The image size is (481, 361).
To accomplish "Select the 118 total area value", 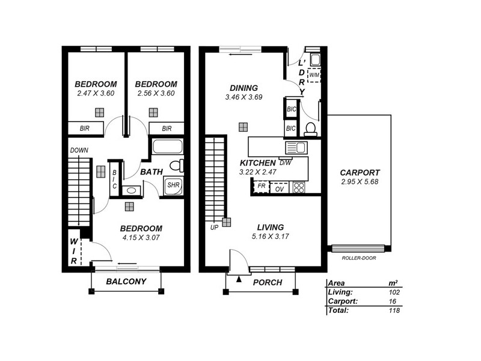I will [x=394, y=311].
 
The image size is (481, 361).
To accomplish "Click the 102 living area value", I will [x=394, y=292].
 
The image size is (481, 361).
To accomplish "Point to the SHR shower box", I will [x=174, y=185].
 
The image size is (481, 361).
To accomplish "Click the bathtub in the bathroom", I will [x=168, y=147].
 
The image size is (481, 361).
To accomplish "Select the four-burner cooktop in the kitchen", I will [x=298, y=188].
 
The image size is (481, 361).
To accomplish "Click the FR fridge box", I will [x=262, y=187].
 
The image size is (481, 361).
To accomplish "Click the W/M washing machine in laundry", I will [x=314, y=76].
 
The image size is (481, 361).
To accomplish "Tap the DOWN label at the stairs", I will [x=79, y=150].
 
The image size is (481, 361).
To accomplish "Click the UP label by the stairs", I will [x=214, y=228].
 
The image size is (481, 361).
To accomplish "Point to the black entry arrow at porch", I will [x=239, y=279].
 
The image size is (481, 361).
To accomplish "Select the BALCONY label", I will [x=126, y=282].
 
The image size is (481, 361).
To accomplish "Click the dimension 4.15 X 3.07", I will [x=141, y=238].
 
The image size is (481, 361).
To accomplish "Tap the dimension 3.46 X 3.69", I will [x=244, y=97].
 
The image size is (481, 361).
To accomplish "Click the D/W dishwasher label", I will [x=285, y=162].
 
